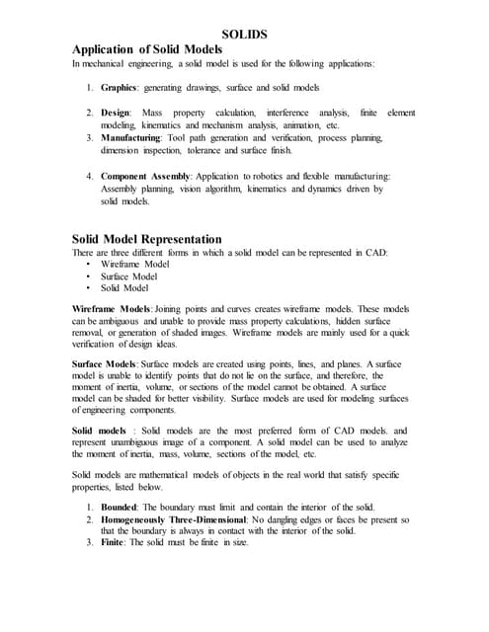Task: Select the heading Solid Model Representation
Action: pyautogui.click(x=147, y=239)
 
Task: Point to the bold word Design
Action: pyautogui.click(x=117, y=115)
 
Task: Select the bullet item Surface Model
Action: pyautogui.click(x=128, y=276)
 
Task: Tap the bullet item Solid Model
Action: pyautogui.click(x=124, y=288)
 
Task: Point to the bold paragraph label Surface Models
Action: pyautogui.click(x=107, y=365)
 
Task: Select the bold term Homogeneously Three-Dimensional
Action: pyautogui.click(x=186, y=519)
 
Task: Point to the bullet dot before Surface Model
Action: pyautogui.click(x=89, y=276)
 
